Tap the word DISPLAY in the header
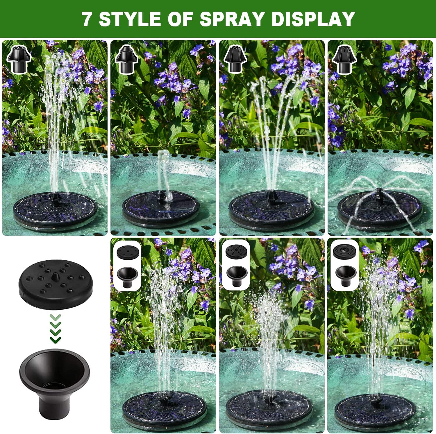point(313,19)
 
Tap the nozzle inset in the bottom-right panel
point(345,265)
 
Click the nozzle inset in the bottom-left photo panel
point(127,265)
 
